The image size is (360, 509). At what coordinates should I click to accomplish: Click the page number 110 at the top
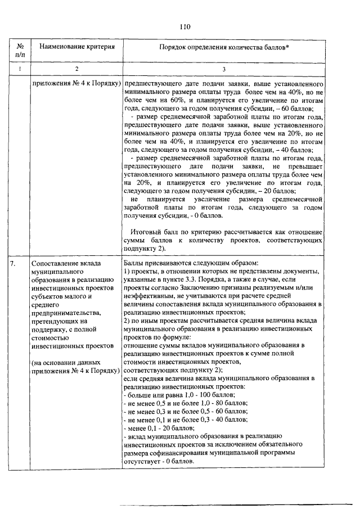(x=186, y=26)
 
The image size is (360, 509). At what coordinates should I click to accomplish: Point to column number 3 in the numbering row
(x=224, y=69)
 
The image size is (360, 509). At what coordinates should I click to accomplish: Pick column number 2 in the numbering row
(x=77, y=69)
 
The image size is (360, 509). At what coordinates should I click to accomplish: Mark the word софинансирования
(x=173, y=452)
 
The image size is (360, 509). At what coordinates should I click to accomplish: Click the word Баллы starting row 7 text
(x=133, y=263)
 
